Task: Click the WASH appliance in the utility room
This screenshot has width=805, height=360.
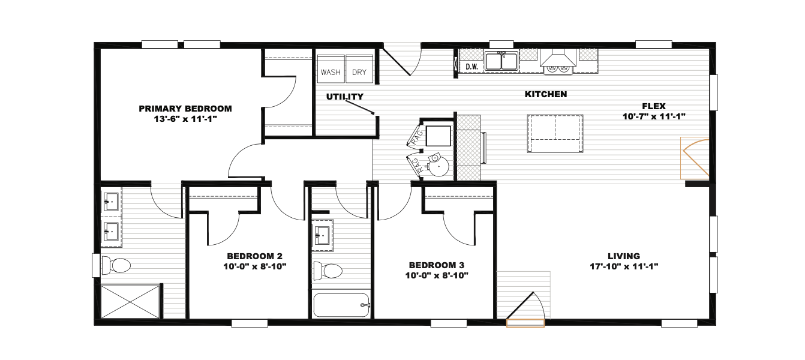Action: (x=331, y=69)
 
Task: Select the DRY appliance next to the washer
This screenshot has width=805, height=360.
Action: (x=359, y=69)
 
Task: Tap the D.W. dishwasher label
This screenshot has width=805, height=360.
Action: (x=471, y=67)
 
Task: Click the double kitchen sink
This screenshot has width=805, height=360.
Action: (x=501, y=61)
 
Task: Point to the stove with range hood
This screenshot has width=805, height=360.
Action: (x=558, y=62)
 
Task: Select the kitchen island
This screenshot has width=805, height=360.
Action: (x=555, y=134)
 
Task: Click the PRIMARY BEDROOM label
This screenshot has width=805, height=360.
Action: (x=185, y=109)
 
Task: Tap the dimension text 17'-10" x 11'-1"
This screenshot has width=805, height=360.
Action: (x=624, y=266)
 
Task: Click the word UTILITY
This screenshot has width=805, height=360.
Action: (x=345, y=97)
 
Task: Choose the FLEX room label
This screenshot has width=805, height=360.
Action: (x=654, y=106)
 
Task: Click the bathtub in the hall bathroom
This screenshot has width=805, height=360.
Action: (x=341, y=305)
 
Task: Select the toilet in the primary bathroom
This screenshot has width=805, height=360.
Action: (x=116, y=266)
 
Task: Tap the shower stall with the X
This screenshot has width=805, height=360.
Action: (x=130, y=302)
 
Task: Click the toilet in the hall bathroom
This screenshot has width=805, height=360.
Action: (x=328, y=271)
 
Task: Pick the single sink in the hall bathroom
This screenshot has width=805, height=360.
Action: (x=322, y=236)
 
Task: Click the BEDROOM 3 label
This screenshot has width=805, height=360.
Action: (x=437, y=265)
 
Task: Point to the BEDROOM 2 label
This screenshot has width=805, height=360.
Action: (x=254, y=256)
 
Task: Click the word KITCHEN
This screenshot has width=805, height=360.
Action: (x=546, y=94)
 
